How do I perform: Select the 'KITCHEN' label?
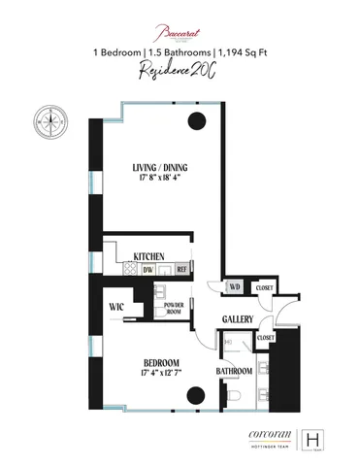coord(147,256)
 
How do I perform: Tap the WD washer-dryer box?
coord(234,286)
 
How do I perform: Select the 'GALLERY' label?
coord(238,318)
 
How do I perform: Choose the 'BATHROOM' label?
coord(234,372)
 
